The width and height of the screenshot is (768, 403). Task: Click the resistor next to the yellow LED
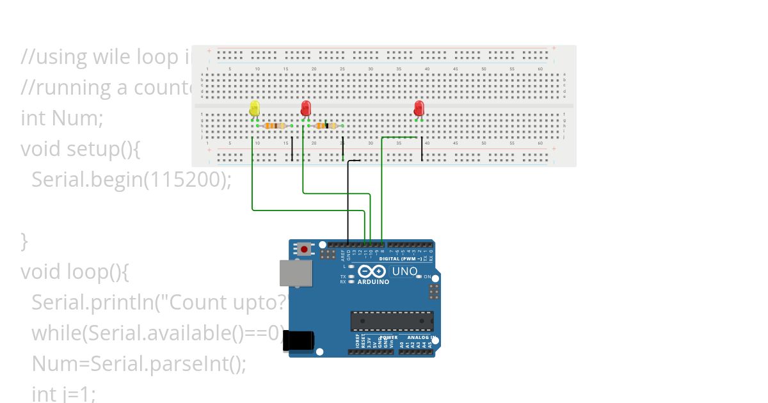pyautogui.click(x=275, y=126)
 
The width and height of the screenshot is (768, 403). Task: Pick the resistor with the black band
pyautogui.click(x=326, y=126)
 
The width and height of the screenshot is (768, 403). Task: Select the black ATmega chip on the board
pyautogui.click(x=392, y=321)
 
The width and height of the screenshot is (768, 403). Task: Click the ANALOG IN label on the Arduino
pyautogui.click(x=421, y=337)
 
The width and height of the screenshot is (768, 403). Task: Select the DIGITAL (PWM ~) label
pyautogui.click(x=401, y=259)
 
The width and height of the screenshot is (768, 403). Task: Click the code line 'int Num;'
pyautogui.click(x=61, y=118)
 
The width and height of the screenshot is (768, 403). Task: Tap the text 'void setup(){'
pyautogui.click(x=80, y=149)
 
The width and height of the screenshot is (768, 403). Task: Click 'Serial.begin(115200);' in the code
pyautogui.click(x=131, y=180)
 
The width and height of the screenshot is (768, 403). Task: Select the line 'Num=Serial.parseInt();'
pyautogui.click(x=138, y=364)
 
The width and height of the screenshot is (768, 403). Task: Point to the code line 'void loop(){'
pyautogui.click(x=75, y=272)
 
